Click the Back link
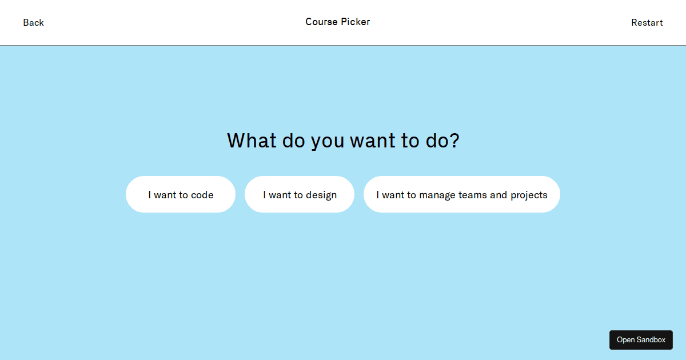(33, 23)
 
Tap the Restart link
(647, 23)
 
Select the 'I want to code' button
(181, 194)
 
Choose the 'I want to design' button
(300, 194)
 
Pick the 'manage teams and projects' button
(462, 194)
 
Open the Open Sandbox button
(641, 340)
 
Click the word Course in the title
(321, 22)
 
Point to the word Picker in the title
(356, 22)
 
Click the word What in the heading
(252, 141)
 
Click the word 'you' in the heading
(328, 143)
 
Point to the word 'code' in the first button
(202, 195)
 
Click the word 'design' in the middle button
(321, 195)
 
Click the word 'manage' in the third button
(437, 196)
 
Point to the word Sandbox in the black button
(651, 340)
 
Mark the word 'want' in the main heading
(373, 141)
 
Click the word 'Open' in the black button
(625, 341)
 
